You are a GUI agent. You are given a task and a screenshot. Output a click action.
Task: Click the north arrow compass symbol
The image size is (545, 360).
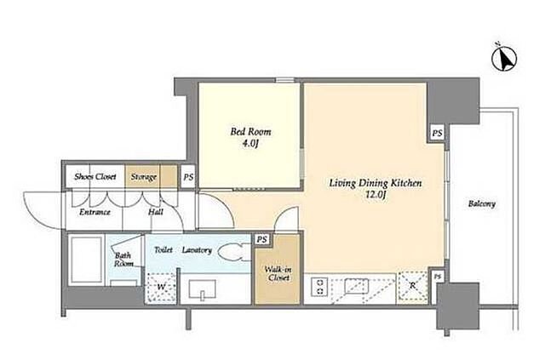tap(504, 58)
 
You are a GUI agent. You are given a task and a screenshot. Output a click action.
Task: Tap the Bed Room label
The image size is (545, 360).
tap(250, 132)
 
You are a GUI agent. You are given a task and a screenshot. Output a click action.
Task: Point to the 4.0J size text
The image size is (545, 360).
tap(250, 143)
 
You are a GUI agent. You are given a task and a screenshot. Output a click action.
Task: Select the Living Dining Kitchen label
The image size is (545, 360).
tap(376, 183)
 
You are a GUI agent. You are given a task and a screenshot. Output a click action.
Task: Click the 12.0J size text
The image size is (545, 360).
tap(376, 195)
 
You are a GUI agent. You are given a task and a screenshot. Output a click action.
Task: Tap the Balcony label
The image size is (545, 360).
tap(482, 203)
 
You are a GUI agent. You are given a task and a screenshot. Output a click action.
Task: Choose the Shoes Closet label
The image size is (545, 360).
tap(95, 176)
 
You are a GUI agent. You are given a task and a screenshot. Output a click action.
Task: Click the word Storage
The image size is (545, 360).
tap(144, 177)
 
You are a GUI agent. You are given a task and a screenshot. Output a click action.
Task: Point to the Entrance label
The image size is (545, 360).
tap(95, 212)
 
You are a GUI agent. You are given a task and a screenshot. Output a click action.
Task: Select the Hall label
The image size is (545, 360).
tap(156, 212)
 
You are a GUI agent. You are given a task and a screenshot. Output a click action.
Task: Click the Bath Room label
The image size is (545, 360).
tap(123, 260)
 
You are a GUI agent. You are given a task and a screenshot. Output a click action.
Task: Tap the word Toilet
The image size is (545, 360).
tap(163, 250)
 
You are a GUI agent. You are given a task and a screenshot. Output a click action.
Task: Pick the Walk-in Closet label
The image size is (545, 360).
tap(278, 273)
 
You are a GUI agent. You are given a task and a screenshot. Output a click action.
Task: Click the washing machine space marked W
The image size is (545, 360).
tap(161, 288)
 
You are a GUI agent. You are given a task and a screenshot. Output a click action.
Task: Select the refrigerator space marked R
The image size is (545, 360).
tap(413, 286)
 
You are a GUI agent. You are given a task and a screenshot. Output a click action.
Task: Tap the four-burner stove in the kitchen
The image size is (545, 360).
tap(320, 287)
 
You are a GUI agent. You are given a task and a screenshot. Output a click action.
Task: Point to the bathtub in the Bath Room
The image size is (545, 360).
tap(87, 260)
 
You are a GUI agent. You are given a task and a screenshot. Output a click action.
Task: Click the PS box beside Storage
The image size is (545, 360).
tap(188, 177)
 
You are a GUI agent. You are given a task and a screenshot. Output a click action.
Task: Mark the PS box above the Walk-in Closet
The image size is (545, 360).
tap(262, 240)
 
